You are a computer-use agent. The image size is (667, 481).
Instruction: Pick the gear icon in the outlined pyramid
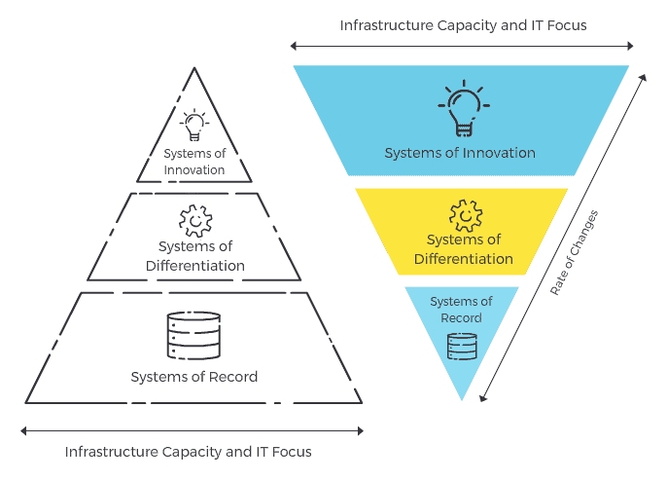click(x=194, y=220)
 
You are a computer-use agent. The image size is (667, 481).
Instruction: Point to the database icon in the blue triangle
click(x=462, y=346)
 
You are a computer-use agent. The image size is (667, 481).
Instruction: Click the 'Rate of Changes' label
click(x=574, y=253)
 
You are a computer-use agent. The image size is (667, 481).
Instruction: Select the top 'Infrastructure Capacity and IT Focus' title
click(x=463, y=24)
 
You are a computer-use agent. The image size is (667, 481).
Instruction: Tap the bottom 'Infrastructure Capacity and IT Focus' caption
click(x=189, y=452)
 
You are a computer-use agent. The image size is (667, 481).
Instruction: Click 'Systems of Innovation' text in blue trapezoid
click(x=460, y=153)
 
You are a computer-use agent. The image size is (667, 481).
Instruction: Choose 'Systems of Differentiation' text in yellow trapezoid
click(x=463, y=249)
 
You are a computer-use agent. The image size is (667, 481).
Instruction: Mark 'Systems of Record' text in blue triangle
click(x=462, y=310)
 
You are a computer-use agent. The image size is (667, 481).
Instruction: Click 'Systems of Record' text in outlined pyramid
click(x=194, y=377)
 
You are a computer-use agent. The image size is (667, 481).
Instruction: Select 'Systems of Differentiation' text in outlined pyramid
click(x=194, y=256)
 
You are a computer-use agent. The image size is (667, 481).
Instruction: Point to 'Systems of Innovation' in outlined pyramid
click(x=194, y=162)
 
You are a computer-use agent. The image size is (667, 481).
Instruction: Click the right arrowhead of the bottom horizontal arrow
click(x=360, y=429)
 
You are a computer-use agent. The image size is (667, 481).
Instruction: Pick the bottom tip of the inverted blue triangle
click(x=462, y=399)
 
